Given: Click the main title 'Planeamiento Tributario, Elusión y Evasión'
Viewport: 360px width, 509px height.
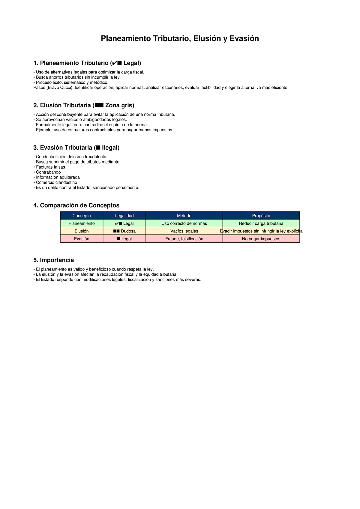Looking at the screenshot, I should [x=180, y=39].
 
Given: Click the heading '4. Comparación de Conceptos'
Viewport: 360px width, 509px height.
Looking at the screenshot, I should [x=76, y=205].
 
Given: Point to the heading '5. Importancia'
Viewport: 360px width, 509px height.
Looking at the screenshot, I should [x=53, y=260].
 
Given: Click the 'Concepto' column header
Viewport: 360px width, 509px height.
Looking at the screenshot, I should [x=82, y=216].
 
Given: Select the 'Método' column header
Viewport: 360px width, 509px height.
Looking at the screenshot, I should [x=184, y=216].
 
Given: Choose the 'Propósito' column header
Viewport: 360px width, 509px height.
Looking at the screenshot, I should [x=261, y=216].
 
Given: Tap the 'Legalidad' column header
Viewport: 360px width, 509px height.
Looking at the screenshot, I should [x=124, y=216].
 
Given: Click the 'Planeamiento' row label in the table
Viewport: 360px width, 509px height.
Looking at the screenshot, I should [x=82, y=223].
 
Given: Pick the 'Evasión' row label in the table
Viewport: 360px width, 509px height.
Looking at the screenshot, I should [x=82, y=239].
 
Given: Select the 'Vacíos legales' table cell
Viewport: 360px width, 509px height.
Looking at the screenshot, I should [x=184, y=231].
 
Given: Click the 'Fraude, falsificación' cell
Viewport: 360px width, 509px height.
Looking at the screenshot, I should [x=184, y=239].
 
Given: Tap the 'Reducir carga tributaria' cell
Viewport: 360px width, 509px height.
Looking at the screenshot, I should [x=261, y=223].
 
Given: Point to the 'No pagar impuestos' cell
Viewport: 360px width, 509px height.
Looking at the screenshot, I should [x=261, y=239].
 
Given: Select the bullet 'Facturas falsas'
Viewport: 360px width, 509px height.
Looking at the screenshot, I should [x=50, y=167].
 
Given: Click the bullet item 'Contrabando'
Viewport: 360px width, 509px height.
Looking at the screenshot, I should [x=48, y=172].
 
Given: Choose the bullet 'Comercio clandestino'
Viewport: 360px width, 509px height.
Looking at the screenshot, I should [x=56, y=182].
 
